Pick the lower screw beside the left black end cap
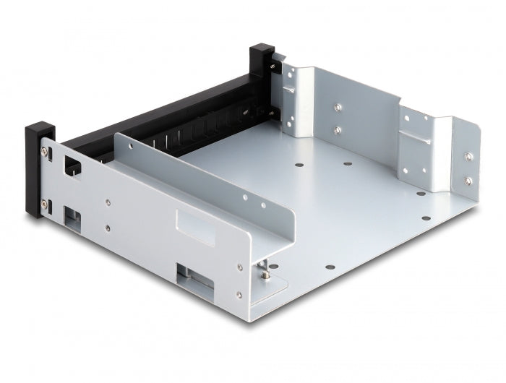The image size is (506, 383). tap(45, 202)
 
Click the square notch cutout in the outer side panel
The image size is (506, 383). tap(73, 165)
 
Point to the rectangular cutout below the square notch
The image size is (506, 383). tap(72, 215)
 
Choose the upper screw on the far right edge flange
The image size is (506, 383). tap(468, 157)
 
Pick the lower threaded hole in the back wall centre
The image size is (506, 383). tap(338, 131)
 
